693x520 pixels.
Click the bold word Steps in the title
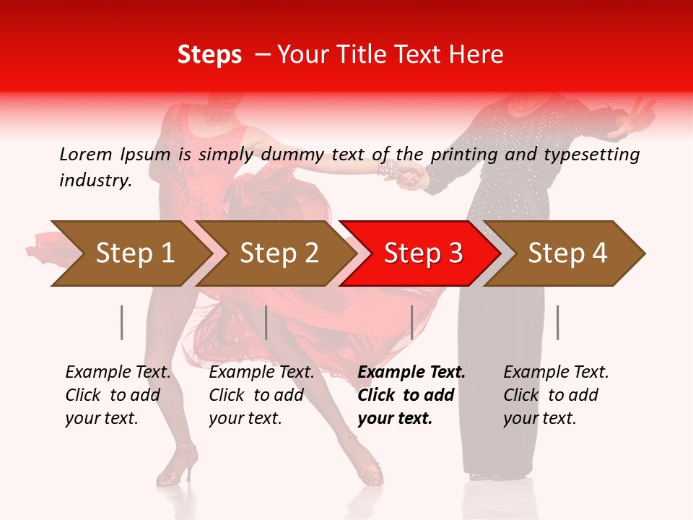pos(209,54)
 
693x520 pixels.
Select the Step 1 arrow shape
pos(130,253)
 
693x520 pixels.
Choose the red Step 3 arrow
pos(422,253)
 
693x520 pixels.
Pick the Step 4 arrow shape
pos(567,253)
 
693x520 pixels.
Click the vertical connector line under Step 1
pos(122,322)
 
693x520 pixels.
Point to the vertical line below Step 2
pos(266,322)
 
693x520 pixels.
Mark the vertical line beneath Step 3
pos(411,322)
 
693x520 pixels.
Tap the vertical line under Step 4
pos(557,322)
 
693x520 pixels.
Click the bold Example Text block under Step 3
pos(411,395)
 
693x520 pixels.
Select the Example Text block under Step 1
pos(118,395)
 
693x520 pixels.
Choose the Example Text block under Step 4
pos(556,395)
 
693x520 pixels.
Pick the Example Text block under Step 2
pos(261,395)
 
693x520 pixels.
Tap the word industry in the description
pos(95,180)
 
